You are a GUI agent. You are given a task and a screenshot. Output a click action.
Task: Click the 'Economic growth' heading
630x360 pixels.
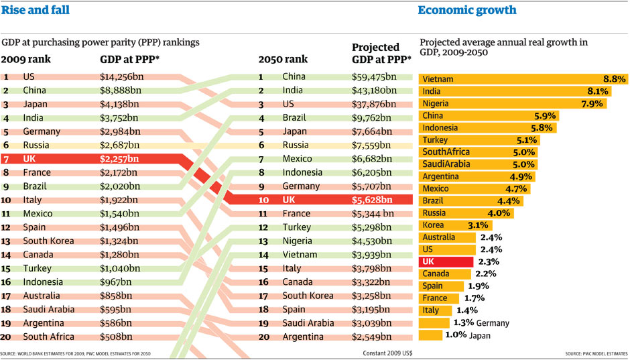pos(466,10)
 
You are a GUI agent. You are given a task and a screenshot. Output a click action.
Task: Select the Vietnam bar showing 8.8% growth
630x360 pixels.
pos(523,79)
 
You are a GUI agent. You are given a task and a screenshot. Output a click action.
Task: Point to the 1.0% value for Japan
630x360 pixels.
pos(455,335)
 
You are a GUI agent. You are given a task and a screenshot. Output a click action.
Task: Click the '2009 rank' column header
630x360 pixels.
pos(26,59)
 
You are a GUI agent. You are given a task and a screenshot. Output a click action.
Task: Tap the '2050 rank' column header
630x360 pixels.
pos(283,59)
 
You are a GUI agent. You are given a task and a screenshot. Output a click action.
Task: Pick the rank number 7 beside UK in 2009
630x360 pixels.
pos(5,159)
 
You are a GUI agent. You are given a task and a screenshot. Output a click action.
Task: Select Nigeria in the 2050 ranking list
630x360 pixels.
pos(298,241)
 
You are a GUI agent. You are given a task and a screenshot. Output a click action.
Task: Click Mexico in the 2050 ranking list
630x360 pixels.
pos(298,159)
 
